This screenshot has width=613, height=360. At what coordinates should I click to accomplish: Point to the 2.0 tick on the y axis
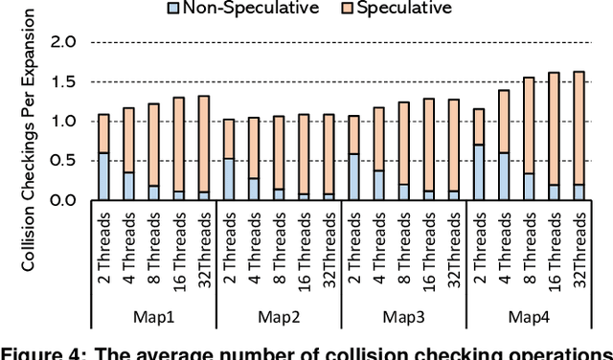62,42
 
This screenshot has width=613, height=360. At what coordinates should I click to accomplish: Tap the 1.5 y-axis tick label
62,81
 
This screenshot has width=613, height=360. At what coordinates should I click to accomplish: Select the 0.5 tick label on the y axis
62,161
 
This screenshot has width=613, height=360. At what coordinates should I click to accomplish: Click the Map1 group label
153,317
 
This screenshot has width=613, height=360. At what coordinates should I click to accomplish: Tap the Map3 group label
402,317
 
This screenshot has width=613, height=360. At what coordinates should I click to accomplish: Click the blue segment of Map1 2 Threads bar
103,176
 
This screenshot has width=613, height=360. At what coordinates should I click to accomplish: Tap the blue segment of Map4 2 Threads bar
478,172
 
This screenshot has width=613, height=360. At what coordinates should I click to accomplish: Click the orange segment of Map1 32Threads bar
203,144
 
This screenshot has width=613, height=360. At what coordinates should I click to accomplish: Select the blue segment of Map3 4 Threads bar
378,185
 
